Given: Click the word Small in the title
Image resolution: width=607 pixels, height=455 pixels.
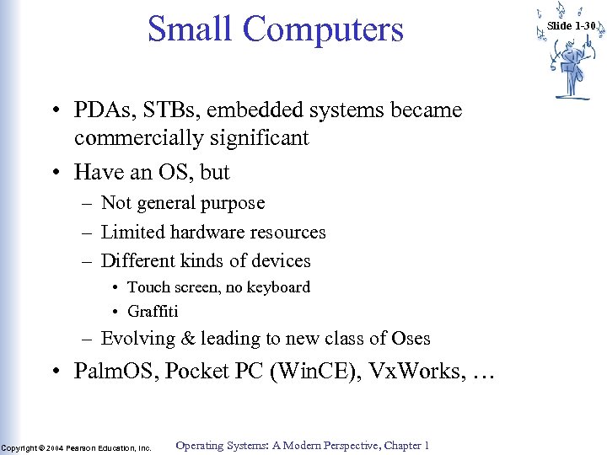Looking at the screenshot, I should [x=190, y=29].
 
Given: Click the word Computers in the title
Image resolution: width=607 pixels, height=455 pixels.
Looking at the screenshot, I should [x=323, y=30].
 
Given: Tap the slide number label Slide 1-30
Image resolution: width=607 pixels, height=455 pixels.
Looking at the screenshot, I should [x=571, y=26].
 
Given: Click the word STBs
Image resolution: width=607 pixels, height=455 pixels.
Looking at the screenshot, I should [x=174, y=110].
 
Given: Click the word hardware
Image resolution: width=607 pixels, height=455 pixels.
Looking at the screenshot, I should [x=211, y=232].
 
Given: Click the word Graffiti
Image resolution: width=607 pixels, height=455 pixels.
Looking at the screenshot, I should [x=153, y=311].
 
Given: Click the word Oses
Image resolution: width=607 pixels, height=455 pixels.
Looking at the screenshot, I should [x=411, y=339].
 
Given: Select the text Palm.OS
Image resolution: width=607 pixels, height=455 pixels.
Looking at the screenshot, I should [x=115, y=372].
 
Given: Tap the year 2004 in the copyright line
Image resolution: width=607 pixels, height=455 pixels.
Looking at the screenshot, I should [x=57, y=448].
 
